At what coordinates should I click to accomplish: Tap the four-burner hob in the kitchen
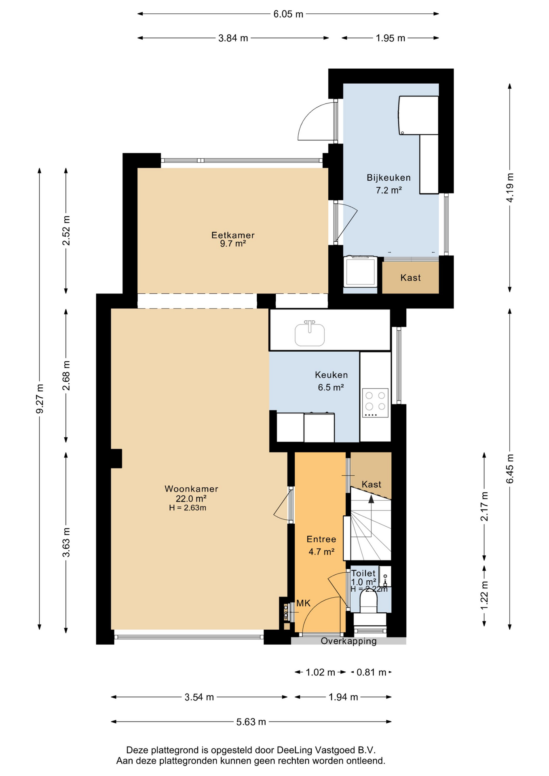coord(375,403)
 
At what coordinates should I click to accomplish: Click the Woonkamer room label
coord(191,489)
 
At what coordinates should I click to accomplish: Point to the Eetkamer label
coord(233,235)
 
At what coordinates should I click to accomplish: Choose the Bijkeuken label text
coord(389,177)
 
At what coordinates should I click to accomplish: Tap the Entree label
coord(321,539)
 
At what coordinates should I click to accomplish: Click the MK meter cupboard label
coord(304,603)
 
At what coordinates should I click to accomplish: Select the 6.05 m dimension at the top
coord(288,14)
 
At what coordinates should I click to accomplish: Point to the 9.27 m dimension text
coord(40,399)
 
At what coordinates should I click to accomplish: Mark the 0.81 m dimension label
coord(371,672)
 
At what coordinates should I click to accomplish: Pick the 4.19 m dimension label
coord(510,188)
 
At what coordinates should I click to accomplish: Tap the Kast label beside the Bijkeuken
coord(410,278)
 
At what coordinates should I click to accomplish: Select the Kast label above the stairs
coord(371,484)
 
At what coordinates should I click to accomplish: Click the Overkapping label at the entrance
coord(348,641)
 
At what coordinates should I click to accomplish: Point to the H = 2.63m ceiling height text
coord(188,508)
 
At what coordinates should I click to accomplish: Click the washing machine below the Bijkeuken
coord(360,272)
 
